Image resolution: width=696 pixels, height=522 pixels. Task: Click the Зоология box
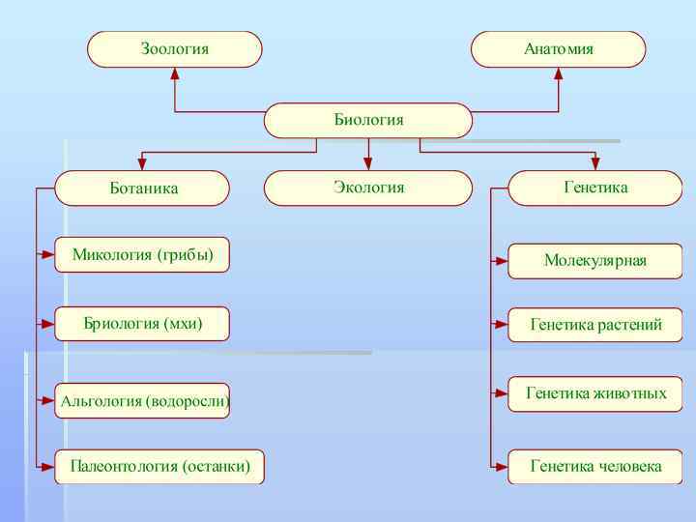[174, 48]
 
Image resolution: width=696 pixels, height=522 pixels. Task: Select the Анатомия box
[558, 48]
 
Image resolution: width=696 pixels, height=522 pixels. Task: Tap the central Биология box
[368, 121]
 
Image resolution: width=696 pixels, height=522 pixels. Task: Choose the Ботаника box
[142, 188]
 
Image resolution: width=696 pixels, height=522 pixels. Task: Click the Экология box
[368, 188]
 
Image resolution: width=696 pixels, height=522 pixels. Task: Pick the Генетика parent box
[595, 188]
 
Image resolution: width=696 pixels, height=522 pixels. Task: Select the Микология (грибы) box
[142, 255]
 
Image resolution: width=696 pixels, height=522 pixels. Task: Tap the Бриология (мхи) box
[142, 323]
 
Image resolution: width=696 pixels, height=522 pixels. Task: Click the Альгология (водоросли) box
[142, 400]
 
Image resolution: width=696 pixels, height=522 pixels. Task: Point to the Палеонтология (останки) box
[159, 467]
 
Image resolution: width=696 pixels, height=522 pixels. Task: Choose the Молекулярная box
[595, 261]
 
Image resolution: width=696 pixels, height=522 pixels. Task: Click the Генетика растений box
[595, 325]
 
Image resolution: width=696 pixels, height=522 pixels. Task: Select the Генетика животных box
[595, 393]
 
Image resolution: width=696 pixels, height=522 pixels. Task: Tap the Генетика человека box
[595, 467]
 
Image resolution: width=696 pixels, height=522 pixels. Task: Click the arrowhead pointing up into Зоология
[174, 72]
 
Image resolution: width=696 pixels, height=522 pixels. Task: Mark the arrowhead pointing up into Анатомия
[558, 72]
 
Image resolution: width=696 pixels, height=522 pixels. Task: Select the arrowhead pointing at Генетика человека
[502, 467]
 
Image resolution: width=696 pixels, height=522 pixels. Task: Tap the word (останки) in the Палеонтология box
[216, 467]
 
